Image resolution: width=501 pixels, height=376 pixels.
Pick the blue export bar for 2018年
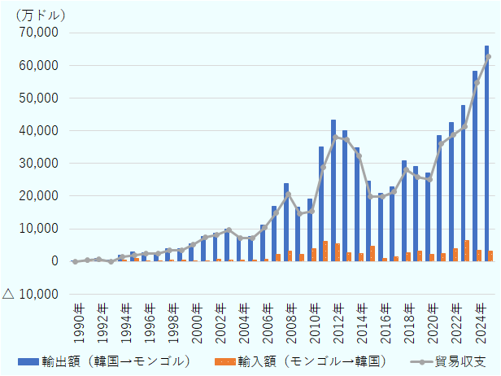(404, 211)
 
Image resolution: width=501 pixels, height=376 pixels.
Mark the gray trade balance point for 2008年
(289, 194)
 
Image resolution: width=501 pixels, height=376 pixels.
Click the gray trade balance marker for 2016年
(382, 197)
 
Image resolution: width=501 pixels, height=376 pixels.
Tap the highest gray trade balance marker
(489, 56)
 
